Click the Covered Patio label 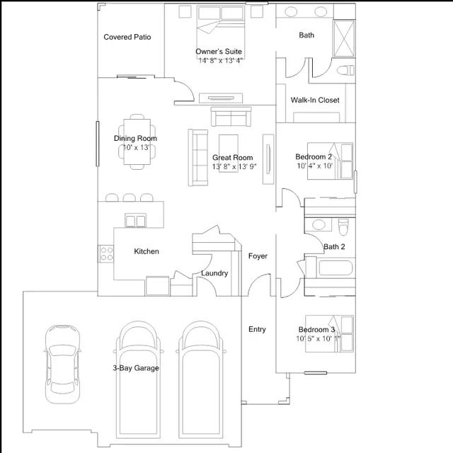pos(127,37)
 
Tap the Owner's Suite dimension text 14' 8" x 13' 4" pos(221,60)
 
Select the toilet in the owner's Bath pos(345,70)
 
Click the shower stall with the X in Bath pos(344,38)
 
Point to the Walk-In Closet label pos(315,100)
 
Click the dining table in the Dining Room pos(137,142)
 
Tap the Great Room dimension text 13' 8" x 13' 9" pos(234,167)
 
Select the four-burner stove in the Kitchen pos(106,253)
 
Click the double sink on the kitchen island pos(135,221)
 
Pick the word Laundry pos(214,273)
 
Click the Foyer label pos(258,256)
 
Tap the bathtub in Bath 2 pos(336,268)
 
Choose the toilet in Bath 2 pos(343,226)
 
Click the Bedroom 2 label pos(314,156)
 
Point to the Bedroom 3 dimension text pos(318,338)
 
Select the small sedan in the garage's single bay pos(62,364)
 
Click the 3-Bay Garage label pos(136,368)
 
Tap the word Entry pos(257,329)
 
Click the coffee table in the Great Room pos(229,153)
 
